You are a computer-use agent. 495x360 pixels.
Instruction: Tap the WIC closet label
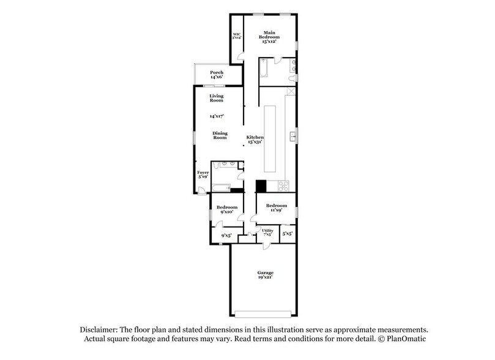coord(236,36)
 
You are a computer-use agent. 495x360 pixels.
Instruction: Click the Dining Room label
coord(220,135)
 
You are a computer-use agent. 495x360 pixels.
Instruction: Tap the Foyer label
coord(203,175)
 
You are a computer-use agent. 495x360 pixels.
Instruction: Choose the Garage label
coord(265,275)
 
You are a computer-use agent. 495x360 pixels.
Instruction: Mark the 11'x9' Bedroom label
coord(276,208)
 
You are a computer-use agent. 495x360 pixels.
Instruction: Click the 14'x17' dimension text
coord(217,116)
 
